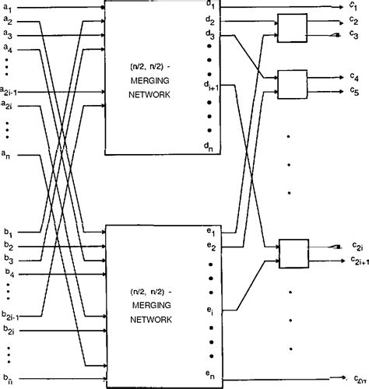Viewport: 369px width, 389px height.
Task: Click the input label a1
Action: point(7,7)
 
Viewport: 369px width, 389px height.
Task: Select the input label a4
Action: point(7,50)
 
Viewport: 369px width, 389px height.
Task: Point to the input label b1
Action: point(7,232)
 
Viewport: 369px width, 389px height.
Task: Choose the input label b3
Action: point(7,259)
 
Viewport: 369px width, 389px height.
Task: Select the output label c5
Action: point(354,90)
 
